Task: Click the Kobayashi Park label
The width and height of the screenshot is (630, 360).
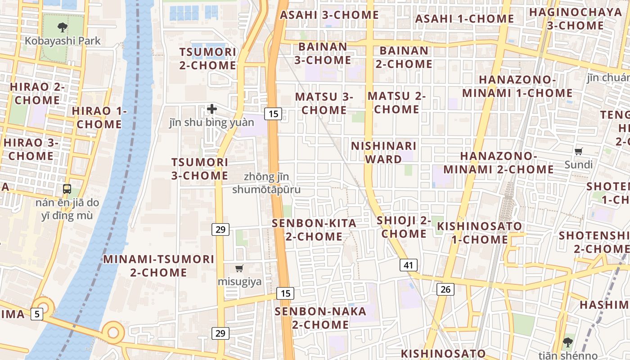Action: point(63,40)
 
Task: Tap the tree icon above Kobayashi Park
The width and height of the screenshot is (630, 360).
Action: point(63,27)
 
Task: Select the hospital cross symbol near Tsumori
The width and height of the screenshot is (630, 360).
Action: point(212,108)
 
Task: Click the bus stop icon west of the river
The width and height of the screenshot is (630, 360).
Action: point(67,189)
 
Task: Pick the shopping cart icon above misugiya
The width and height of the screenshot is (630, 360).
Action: point(239,269)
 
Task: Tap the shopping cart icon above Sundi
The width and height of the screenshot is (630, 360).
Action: point(579,152)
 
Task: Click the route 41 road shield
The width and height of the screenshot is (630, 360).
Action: point(408,265)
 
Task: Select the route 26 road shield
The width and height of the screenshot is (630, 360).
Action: point(445,289)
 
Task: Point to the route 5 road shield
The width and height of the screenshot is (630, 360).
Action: point(37,314)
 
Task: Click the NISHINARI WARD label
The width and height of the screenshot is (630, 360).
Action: point(383,153)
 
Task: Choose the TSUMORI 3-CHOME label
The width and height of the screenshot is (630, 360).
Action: point(200,169)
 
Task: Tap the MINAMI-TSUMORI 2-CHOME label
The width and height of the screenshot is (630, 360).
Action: point(159,265)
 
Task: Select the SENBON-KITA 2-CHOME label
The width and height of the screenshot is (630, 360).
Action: point(314,229)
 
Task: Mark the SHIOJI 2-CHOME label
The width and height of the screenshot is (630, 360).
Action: point(404,227)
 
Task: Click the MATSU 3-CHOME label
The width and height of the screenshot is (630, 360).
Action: point(324,103)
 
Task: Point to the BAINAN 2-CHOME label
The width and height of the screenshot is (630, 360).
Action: point(404,57)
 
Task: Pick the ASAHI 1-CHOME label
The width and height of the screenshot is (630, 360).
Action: point(464,19)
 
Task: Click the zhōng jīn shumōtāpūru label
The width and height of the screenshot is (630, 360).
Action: point(266,183)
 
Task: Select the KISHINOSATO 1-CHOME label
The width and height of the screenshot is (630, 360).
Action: point(480,233)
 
